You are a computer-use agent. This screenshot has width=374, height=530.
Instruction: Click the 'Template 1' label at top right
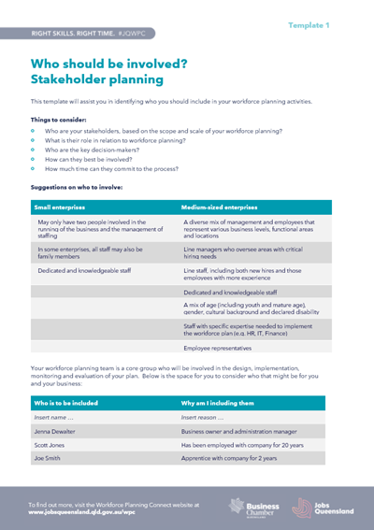(334, 25)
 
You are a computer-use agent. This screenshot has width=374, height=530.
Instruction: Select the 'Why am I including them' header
(222, 403)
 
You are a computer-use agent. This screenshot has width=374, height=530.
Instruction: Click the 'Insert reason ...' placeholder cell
(205, 417)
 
